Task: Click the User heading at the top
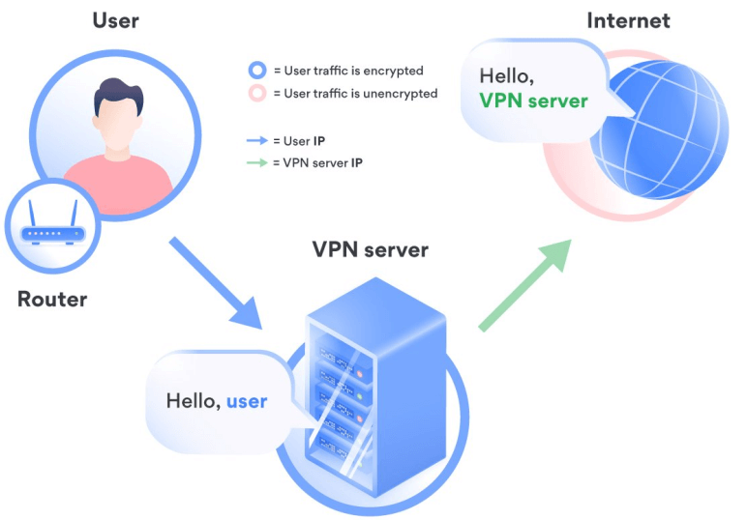(x=116, y=19)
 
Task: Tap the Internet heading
(x=628, y=20)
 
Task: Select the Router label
(x=52, y=300)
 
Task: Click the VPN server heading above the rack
(x=371, y=250)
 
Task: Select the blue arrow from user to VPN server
(x=217, y=281)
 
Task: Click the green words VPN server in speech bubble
(x=533, y=101)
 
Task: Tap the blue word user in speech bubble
(x=247, y=400)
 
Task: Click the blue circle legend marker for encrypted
(x=256, y=71)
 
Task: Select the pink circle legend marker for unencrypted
(x=256, y=94)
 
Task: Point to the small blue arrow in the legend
(x=256, y=141)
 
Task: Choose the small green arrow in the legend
(x=256, y=163)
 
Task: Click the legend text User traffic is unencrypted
(x=355, y=94)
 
